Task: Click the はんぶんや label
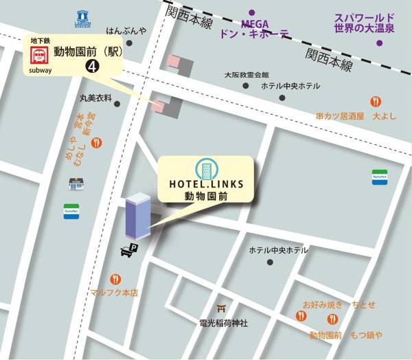point(126,30)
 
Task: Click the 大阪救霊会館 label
point(246,74)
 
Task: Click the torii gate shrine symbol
point(221,308)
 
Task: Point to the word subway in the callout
point(40,69)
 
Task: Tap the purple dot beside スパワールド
point(380,43)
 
